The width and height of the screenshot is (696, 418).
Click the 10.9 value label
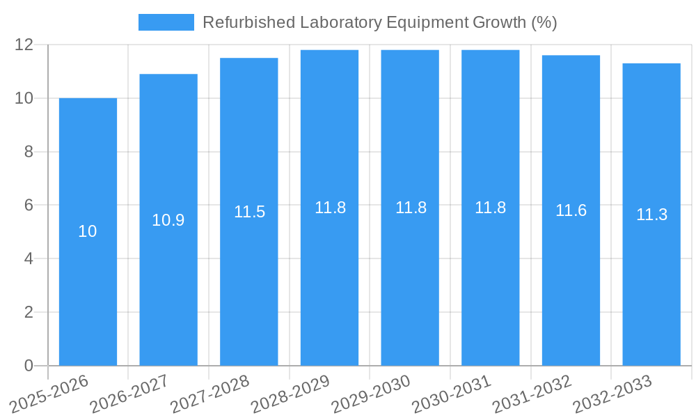[168, 220]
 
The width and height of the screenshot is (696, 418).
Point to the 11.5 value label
[249, 212]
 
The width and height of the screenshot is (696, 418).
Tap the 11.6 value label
[571, 210]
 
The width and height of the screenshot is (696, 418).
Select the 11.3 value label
[651, 215]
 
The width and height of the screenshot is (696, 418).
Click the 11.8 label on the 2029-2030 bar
[411, 208]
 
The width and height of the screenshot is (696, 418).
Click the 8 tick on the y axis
[29, 152]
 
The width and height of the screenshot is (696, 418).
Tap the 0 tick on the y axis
[29, 366]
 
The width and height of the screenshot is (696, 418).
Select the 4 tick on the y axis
[29, 258]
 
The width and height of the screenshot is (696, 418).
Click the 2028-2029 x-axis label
[290, 394]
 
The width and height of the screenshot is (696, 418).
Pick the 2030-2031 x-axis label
[452, 394]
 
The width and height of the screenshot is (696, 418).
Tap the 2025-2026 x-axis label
[49, 394]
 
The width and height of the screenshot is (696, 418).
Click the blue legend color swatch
[166, 22]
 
